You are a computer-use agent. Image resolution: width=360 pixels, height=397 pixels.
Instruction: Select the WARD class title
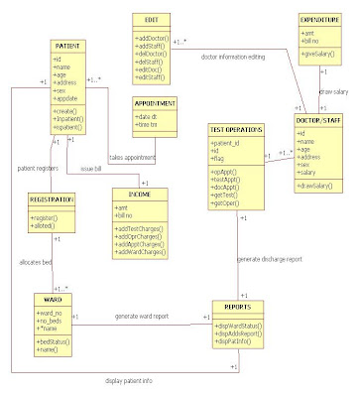click(54, 297)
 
